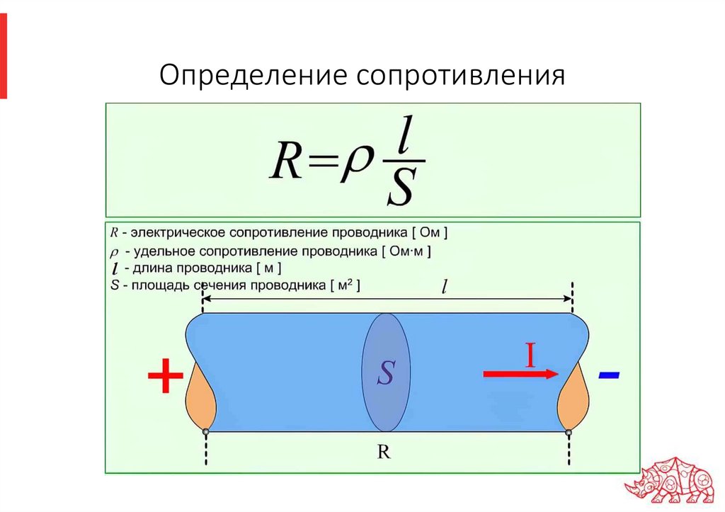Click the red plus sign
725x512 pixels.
click(x=166, y=377)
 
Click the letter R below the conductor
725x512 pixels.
click(x=384, y=453)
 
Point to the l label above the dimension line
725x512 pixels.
click(x=444, y=287)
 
